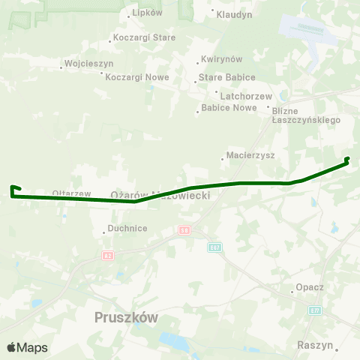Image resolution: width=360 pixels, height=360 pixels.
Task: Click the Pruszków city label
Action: [x=127, y=317]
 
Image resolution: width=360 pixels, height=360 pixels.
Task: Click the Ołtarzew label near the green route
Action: [x=71, y=193]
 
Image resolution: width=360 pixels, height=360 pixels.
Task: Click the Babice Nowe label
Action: [x=229, y=108]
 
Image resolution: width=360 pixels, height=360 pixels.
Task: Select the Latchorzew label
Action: [x=239, y=95]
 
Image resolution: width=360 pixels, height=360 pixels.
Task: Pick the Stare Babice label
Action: [x=226, y=77]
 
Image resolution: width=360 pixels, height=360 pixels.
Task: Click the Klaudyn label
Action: [x=234, y=14]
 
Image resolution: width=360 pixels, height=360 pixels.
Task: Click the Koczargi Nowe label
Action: [x=136, y=76]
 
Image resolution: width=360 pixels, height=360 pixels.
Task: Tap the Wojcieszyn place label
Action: [x=88, y=64]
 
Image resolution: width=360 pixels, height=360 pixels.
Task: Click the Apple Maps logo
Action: [x=27, y=347]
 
